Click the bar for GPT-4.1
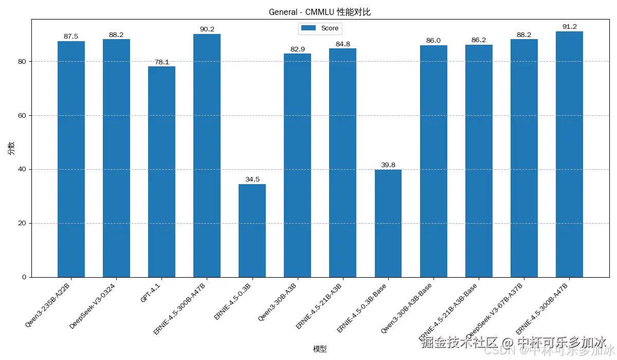tap(161, 172)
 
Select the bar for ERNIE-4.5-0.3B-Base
tap(388, 223)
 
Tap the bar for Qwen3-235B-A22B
tap(71, 159)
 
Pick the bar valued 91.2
tap(569, 154)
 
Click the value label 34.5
tap(252, 179)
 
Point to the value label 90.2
tap(207, 29)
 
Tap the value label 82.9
tap(297, 49)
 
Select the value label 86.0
tap(433, 41)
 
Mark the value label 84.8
tap(342, 44)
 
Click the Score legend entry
tap(320, 28)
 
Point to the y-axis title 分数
tap(11, 148)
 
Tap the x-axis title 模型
tap(319, 349)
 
